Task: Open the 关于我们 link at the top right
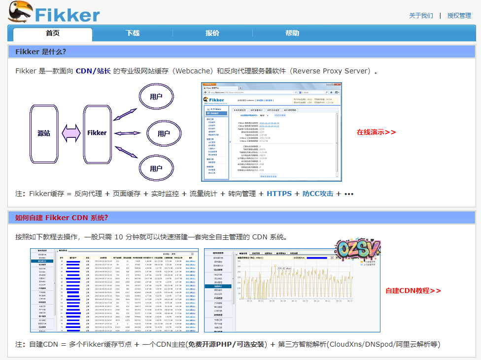pyautogui.click(x=421, y=16)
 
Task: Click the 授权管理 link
pyautogui.click(x=459, y=16)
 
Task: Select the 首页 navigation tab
pyautogui.click(x=53, y=33)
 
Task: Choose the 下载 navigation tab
pyautogui.click(x=133, y=33)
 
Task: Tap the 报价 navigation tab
pyautogui.click(x=212, y=33)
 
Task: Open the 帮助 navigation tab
pyautogui.click(x=292, y=33)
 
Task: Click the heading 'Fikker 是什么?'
pyautogui.click(x=41, y=52)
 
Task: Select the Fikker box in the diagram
pyautogui.click(x=97, y=133)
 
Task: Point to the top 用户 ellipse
pyautogui.click(x=156, y=97)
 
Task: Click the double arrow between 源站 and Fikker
pyautogui.click(x=71, y=133)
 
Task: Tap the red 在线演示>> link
pyautogui.click(x=376, y=132)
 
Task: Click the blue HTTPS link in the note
pyautogui.click(x=279, y=194)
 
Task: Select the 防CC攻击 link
pyautogui.click(x=318, y=194)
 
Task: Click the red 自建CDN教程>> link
pyautogui.click(x=413, y=291)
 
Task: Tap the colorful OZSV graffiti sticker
pyautogui.click(x=358, y=251)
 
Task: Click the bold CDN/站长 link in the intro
pyautogui.click(x=93, y=71)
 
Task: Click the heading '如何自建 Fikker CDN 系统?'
pyautogui.click(x=62, y=218)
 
